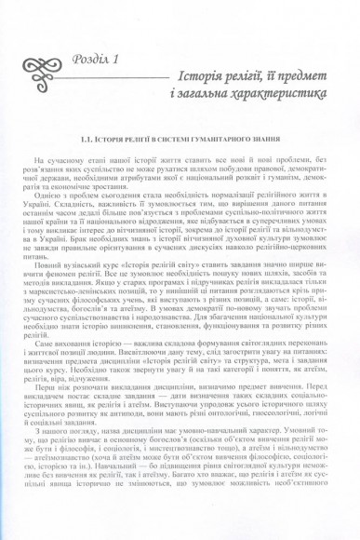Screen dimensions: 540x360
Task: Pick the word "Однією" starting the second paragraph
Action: coord(64,195)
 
